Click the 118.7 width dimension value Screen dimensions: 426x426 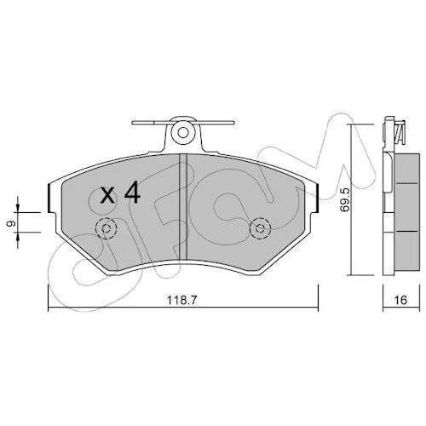181,300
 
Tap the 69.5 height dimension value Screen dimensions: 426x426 345,199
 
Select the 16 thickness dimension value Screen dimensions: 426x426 400,300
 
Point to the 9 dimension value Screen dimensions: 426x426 11,223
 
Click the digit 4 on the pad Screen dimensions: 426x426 132,193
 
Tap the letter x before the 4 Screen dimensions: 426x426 108,196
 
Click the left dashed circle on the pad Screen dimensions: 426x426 106,228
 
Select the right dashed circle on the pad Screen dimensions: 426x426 260,228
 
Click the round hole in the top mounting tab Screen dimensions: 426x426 183,132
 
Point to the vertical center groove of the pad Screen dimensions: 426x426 183,207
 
